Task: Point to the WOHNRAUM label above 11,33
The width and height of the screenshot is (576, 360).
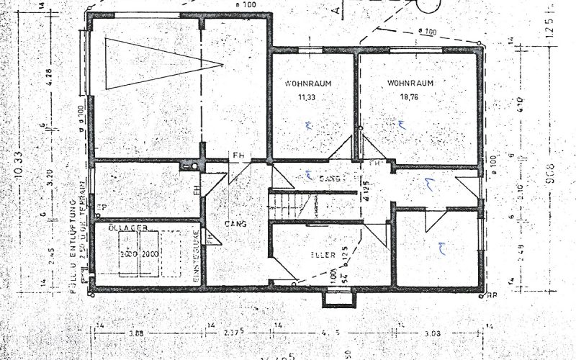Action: point(307,83)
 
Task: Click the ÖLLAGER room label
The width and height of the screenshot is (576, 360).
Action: point(128,228)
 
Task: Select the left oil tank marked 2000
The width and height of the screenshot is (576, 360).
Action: point(129,255)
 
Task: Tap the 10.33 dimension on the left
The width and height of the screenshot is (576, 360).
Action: point(27,176)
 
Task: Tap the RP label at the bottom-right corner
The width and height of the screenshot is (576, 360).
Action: point(492,294)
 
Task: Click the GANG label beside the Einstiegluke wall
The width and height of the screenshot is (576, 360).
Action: point(235,224)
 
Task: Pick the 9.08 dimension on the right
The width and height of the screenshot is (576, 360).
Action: point(550,173)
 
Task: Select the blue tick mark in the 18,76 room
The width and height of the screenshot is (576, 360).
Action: point(402,123)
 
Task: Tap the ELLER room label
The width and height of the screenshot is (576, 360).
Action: point(317,254)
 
